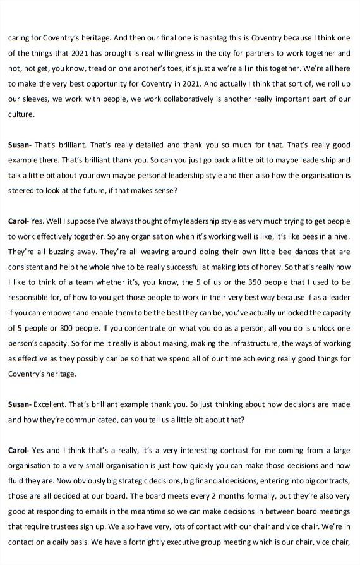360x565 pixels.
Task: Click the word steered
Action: coord(22,190)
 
